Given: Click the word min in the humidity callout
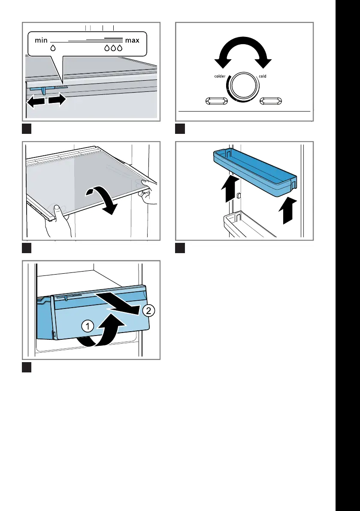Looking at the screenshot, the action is coord(41,40).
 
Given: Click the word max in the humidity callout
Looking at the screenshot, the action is coord(133,40).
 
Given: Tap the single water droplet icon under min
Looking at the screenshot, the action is coord(53,48).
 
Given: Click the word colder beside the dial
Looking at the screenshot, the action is coord(219,76).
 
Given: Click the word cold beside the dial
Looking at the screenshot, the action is coord(262,76).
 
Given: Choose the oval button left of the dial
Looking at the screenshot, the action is coord(216,101).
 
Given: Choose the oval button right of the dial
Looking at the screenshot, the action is coord(271,101).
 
